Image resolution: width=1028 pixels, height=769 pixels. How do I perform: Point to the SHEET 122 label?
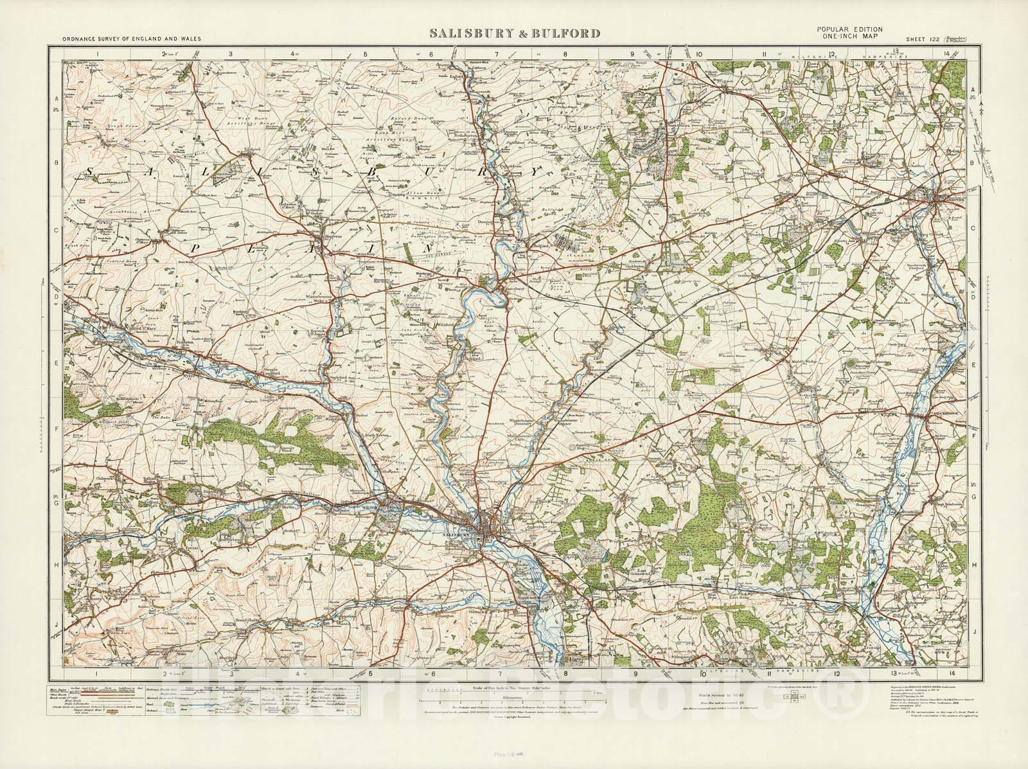[923, 39]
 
